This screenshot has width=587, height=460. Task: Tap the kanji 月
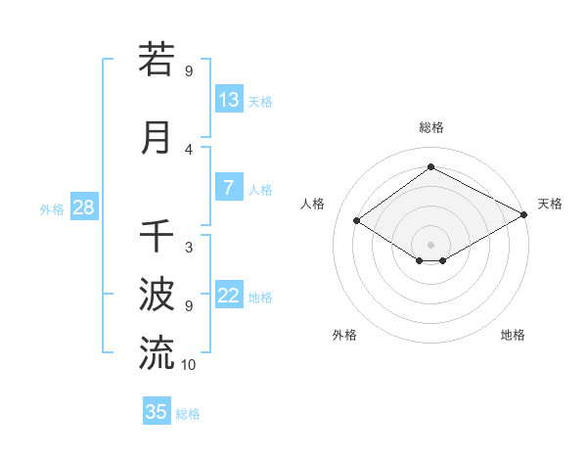point(157,137)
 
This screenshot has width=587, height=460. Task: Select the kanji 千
point(157,235)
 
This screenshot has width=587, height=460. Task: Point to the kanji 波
point(157,293)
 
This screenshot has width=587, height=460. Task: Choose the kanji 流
point(157,352)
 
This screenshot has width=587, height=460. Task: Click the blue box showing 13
point(229,100)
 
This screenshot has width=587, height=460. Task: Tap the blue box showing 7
point(229,189)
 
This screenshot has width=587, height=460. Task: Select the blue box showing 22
point(229,297)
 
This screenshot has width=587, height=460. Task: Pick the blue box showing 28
point(83,208)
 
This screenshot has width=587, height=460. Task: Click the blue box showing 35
point(157,412)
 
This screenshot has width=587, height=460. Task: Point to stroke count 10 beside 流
point(189,365)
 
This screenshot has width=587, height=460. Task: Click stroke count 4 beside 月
point(189,150)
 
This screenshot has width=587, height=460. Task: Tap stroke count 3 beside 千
point(189,247)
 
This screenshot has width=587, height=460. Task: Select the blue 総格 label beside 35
point(188,414)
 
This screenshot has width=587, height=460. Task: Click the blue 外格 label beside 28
point(52,209)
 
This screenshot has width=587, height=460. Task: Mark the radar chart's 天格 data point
point(525,215)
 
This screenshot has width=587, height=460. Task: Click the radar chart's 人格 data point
point(357,221)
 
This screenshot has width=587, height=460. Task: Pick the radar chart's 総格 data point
point(430,166)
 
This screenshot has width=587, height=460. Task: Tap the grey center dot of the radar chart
point(430,243)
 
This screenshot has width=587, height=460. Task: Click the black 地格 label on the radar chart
point(513,335)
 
